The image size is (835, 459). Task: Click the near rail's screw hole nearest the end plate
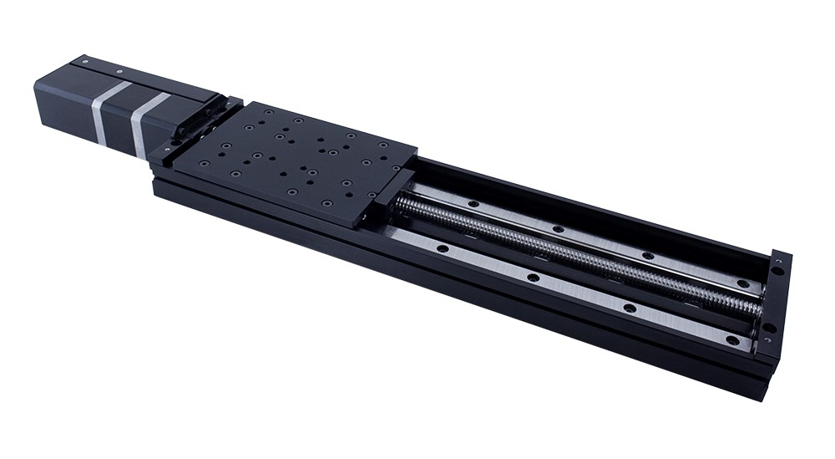click(x=732, y=340)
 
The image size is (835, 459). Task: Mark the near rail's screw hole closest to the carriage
click(x=440, y=247)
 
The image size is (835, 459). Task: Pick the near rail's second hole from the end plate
click(x=630, y=308)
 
